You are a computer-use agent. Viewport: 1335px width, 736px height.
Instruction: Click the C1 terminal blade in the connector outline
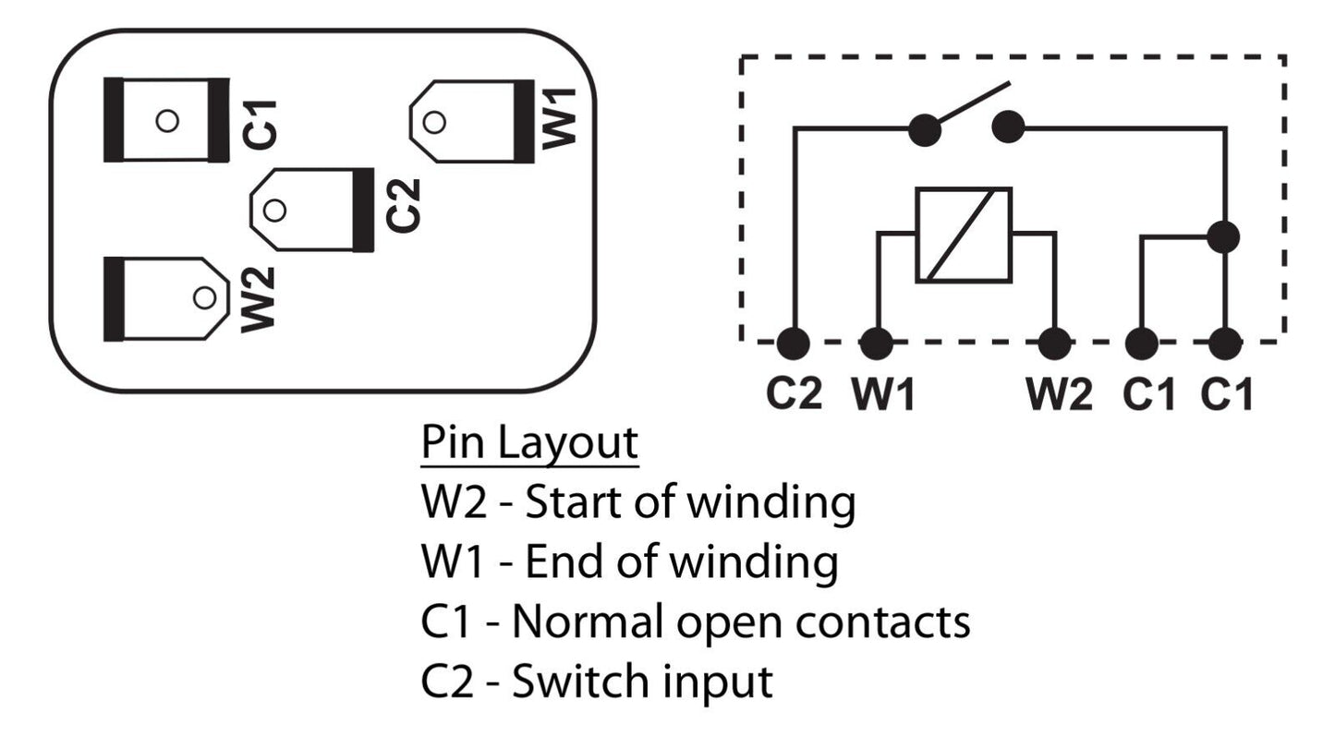click(166, 120)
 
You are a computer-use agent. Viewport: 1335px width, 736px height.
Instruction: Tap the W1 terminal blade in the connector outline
click(471, 121)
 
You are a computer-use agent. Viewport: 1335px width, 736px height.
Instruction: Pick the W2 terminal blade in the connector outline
click(166, 297)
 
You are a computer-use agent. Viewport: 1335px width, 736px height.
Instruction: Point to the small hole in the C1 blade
click(166, 121)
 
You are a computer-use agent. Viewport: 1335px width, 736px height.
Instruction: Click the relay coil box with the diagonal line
click(964, 235)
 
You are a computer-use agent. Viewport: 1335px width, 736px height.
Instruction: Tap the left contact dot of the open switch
click(925, 128)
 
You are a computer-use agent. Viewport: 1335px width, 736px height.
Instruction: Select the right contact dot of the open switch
click(1007, 127)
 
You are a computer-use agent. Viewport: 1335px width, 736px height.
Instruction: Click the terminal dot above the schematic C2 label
click(793, 344)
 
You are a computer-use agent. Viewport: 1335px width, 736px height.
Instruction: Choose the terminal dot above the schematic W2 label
click(1054, 344)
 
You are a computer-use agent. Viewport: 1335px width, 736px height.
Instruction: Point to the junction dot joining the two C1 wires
click(1224, 236)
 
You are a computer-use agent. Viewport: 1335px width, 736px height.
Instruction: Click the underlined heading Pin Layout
click(529, 444)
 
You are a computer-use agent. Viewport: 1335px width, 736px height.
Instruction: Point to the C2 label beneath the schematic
click(794, 394)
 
